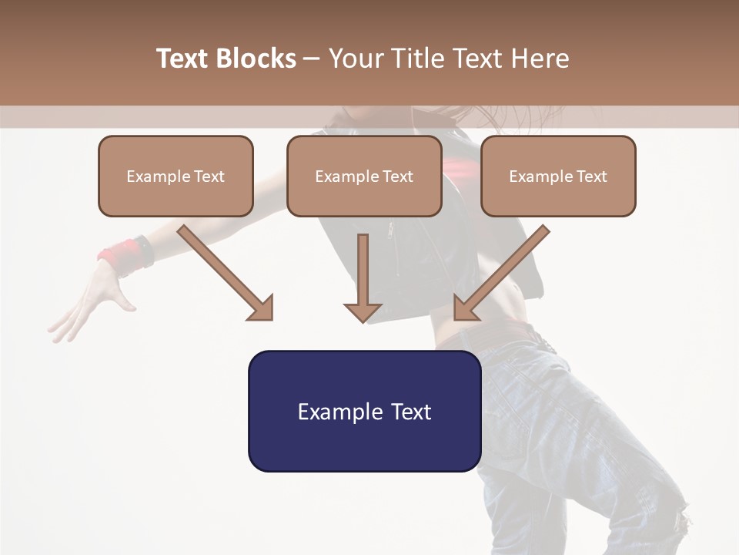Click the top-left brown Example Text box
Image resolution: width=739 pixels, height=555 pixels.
[x=176, y=176]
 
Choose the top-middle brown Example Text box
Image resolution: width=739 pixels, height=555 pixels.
[x=364, y=176]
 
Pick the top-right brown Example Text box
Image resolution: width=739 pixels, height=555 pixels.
[x=558, y=176]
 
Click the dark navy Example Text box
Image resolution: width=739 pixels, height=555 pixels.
[x=364, y=411]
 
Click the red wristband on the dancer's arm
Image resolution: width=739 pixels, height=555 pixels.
[x=123, y=254]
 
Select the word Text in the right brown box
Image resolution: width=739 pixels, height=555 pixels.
[x=591, y=176]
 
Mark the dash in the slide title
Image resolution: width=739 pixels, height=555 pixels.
[x=312, y=59]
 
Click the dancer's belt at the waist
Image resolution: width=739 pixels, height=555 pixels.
[x=493, y=338]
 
